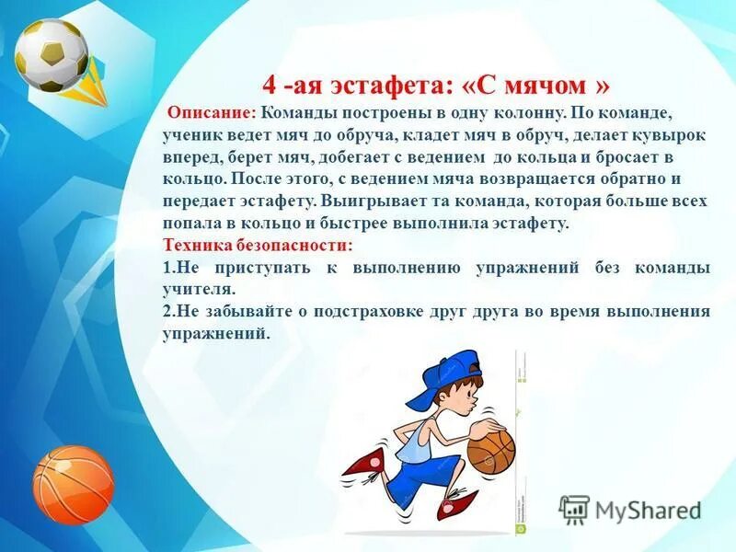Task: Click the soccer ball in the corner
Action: (52, 54)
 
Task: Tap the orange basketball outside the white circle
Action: (73, 483)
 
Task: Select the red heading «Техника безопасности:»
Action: (257, 246)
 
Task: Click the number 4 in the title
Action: (270, 86)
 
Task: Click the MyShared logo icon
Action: (574, 509)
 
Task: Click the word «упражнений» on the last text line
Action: (215, 334)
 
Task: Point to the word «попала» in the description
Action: (194, 224)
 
